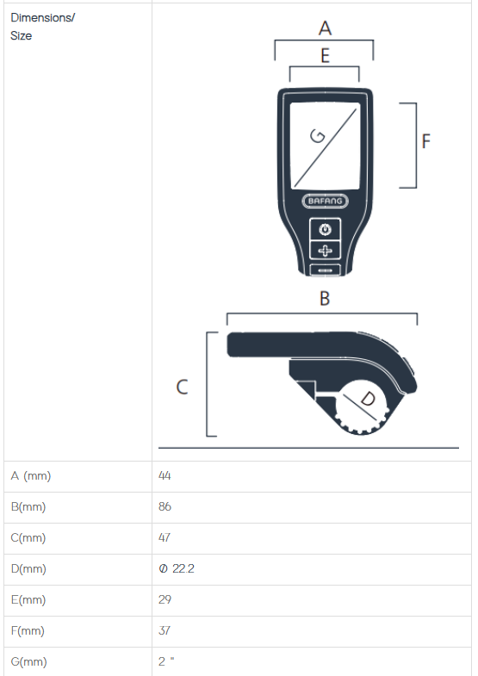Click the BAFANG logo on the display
pos(325,201)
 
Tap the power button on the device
pos(325,229)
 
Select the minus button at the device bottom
pos(325,270)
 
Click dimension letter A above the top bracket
pos(325,28)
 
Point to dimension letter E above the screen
pos(325,56)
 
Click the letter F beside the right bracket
pos(425,141)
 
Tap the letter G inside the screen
pos(318,136)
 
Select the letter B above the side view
pos(325,298)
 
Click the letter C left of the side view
pos(182,387)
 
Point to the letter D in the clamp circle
pos(368,399)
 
